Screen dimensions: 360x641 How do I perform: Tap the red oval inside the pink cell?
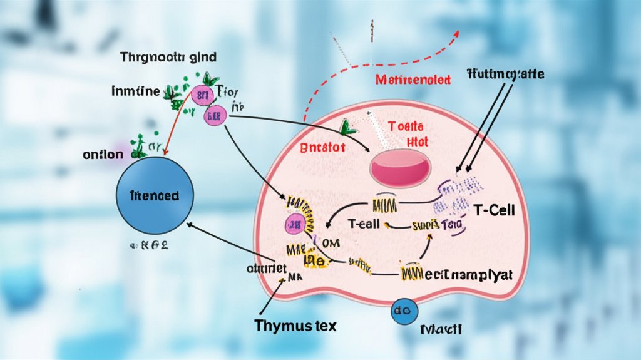[401, 165]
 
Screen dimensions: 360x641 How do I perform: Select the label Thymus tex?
[295, 326]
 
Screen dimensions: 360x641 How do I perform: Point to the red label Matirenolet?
[414, 80]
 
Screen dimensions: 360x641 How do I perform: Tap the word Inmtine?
[136, 91]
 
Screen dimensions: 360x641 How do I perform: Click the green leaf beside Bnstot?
[348, 128]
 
